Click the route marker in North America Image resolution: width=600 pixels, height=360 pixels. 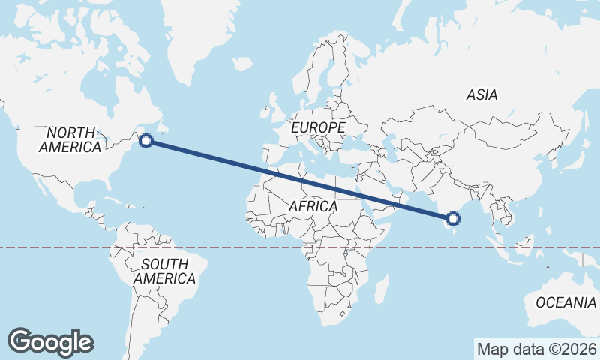147,139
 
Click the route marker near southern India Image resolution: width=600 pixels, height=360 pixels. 452,219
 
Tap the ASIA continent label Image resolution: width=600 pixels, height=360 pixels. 481,95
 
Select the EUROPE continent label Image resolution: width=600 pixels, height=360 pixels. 318,128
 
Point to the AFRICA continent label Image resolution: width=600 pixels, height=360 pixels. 313,205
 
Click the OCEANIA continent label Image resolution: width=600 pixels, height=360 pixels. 566,302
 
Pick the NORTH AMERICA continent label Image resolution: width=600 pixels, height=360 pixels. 70,139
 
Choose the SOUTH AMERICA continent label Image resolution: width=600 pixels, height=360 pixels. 164,271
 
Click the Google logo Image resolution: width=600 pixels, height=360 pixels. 51,341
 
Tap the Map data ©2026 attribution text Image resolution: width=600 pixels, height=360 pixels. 537,349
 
